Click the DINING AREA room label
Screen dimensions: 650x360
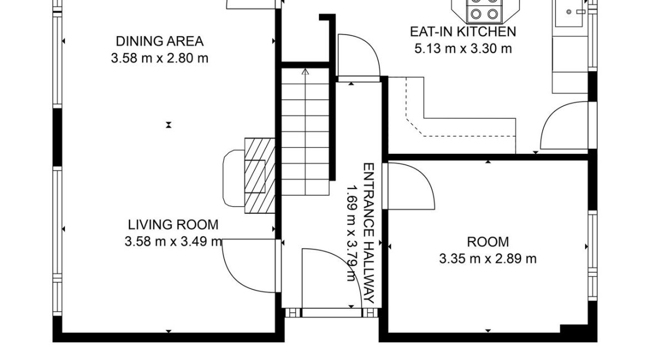[x=159, y=42]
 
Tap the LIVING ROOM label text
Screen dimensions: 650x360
[x=173, y=225]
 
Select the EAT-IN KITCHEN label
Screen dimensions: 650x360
[x=463, y=32]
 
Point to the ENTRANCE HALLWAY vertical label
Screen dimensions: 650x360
[x=369, y=233]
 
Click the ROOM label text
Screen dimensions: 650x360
[x=488, y=242]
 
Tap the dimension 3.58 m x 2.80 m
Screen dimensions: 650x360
[x=159, y=58]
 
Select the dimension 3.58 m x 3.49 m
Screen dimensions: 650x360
[x=174, y=241]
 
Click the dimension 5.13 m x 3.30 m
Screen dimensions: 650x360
[x=463, y=48]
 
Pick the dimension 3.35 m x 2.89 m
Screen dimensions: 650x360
[x=488, y=259]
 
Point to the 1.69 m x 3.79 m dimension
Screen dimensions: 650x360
[x=352, y=233]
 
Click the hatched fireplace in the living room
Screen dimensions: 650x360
[x=260, y=176]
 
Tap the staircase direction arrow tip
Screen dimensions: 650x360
[x=306, y=70]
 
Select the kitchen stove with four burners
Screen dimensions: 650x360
[x=484, y=10]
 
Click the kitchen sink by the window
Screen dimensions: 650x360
[x=571, y=12]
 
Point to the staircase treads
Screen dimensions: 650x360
[x=306, y=132]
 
